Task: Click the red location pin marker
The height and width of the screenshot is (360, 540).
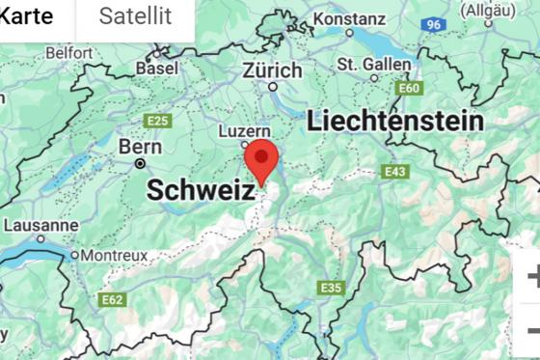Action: (261, 160)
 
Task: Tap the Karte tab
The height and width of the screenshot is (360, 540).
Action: (26, 15)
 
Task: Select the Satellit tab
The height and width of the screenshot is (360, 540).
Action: (135, 15)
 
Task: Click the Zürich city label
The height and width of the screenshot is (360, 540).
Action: (272, 70)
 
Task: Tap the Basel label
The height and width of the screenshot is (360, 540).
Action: (156, 69)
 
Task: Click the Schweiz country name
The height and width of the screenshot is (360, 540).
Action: (201, 190)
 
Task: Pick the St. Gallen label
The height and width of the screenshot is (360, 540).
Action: (374, 65)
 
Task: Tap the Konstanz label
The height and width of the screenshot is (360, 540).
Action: (349, 18)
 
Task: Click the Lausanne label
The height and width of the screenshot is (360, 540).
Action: (40, 225)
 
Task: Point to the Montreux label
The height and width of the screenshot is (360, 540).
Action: (114, 255)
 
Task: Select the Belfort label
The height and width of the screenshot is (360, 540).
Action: (68, 52)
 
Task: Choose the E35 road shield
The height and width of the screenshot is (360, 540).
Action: (331, 288)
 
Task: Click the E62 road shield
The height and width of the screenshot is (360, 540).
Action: (113, 301)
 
